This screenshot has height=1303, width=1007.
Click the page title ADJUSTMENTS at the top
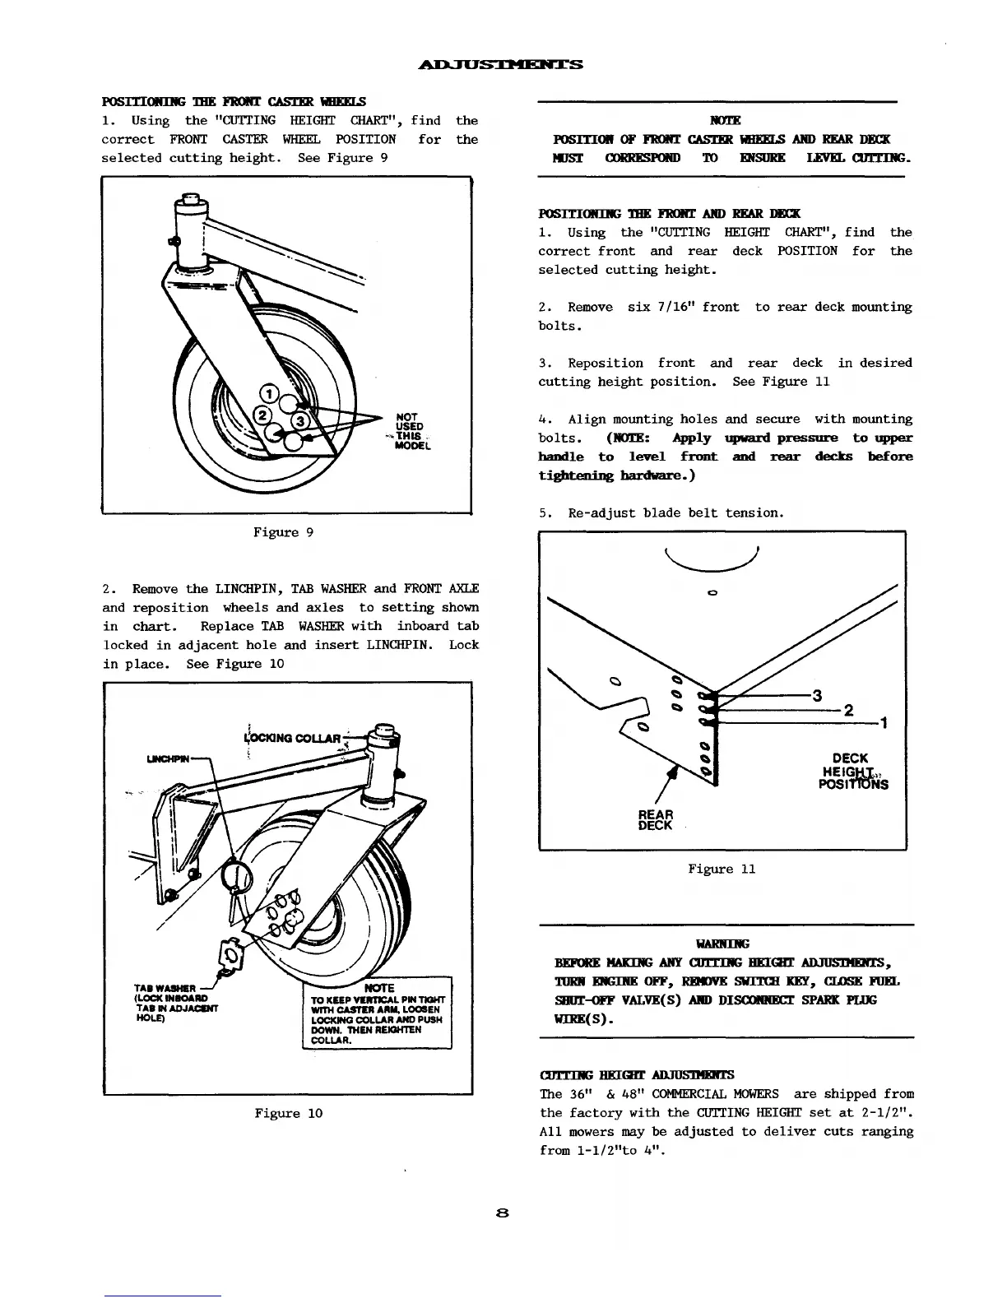[502, 64]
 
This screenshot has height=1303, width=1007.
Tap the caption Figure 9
[283, 532]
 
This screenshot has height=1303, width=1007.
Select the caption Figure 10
[288, 1113]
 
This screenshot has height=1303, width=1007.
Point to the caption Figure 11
[722, 869]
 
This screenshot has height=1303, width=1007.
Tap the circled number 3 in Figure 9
[301, 421]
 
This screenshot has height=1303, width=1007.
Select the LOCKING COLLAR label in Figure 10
[293, 737]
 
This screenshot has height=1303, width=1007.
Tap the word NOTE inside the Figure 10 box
[378, 987]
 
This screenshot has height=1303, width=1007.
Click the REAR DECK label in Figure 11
[656, 820]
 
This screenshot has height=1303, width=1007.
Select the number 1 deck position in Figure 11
[883, 723]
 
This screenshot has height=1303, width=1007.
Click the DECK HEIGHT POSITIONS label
[852, 771]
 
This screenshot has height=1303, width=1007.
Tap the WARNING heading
[722, 944]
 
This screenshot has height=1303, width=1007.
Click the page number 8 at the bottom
[503, 1213]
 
